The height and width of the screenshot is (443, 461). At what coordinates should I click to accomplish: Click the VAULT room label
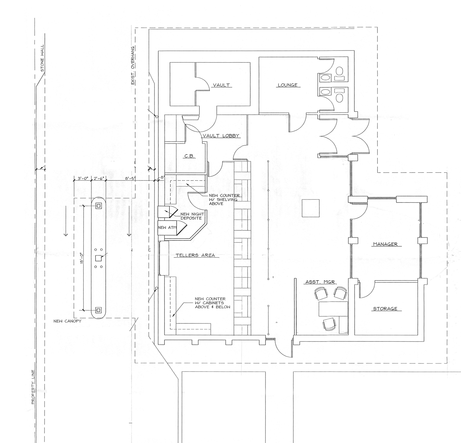[221, 85]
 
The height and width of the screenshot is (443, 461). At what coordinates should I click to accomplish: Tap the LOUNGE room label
[287, 85]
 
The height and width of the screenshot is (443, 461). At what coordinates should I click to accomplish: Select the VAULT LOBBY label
[221, 136]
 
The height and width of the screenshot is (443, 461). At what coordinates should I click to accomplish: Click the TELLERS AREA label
[195, 255]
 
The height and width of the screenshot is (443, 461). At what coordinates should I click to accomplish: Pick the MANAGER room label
[385, 244]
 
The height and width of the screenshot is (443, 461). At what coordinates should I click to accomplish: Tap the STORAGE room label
[385, 309]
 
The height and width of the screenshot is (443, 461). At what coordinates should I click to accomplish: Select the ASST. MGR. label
[321, 282]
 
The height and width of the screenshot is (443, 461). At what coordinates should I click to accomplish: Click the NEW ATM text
[167, 227]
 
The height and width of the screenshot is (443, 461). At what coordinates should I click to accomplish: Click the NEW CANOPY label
[67, 321]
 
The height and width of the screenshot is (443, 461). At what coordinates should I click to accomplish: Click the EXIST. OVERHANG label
[133, 66]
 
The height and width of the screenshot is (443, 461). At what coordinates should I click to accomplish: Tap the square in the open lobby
[311, 208]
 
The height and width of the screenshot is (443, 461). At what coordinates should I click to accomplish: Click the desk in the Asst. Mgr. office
[333, 309]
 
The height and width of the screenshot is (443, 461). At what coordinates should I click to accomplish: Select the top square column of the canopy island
[98, 206]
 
